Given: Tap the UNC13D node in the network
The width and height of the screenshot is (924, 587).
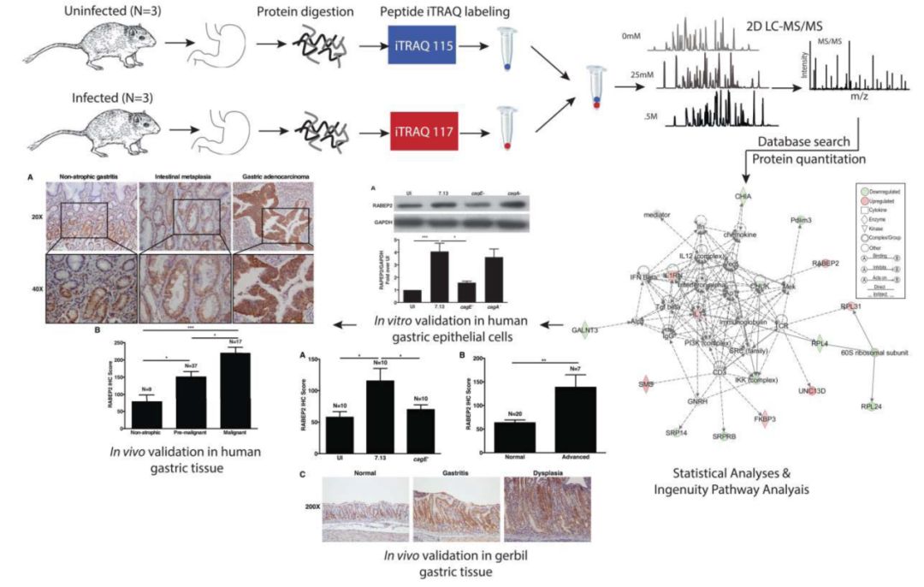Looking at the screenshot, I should [x=812, y=390].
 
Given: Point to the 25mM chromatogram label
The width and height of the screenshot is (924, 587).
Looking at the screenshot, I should [x=632, y=74].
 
